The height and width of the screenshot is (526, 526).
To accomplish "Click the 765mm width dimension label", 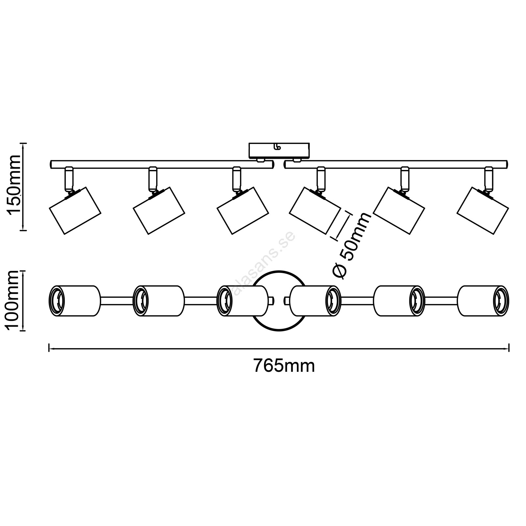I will click(x=284, y=366).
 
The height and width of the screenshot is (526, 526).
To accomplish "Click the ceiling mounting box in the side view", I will click(x=279, y=151).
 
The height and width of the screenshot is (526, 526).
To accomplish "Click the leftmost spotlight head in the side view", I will click(x=75, y=210).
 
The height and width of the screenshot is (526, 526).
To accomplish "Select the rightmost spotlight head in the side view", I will click(x=483, y=210).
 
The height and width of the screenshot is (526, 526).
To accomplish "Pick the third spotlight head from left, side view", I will click(x=243, y=210).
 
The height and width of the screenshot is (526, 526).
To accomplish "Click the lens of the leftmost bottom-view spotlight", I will click(x=57, y=301).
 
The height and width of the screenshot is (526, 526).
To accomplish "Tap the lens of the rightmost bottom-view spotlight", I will click(x=501, y=301).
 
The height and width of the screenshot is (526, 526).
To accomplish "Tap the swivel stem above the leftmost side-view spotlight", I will click(x=69, y=179).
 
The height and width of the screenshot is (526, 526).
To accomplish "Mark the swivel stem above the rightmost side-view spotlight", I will click(x=489, y=179).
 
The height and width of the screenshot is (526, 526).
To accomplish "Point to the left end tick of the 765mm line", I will click(x=49, y=347).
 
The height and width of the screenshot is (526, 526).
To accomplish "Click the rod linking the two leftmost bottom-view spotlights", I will click(x=116, y=301).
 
